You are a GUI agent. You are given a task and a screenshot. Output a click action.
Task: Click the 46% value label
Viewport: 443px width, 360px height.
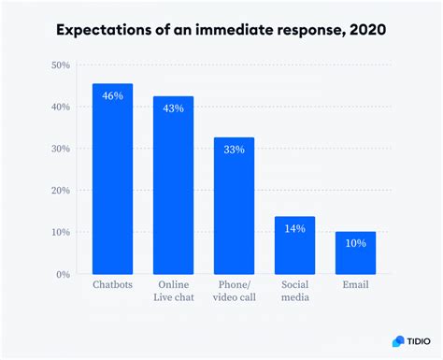click(112, 95)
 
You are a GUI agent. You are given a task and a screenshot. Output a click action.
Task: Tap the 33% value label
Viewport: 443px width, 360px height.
click(234, 150)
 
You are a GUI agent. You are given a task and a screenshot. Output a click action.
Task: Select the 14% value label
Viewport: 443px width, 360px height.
click(294, 228)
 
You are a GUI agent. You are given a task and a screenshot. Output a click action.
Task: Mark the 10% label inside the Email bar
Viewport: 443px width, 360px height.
click(355, 243)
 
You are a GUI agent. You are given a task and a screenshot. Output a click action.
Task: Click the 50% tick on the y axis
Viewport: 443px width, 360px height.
click(61, 65)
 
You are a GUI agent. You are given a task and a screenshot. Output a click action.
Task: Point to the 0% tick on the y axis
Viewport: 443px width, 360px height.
click(64, 274)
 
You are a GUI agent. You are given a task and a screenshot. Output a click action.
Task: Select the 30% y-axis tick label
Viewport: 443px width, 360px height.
click(61, 149)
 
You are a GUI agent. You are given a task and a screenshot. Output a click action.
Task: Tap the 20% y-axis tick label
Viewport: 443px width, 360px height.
click(61, 191)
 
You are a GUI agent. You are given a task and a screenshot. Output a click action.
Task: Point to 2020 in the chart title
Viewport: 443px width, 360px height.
click(363, 30)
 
